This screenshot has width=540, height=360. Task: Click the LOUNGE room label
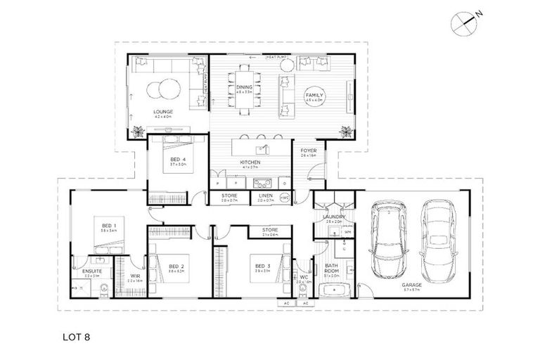coord(163,112)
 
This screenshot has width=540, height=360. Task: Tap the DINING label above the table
coord(244,86)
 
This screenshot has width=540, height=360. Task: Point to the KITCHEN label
coord(250,162)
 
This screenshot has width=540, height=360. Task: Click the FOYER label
coord(308,150)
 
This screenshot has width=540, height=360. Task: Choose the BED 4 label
coord(178,160)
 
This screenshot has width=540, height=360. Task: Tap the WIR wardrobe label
coord(136,276)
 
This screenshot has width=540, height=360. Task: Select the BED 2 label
coord(176,266)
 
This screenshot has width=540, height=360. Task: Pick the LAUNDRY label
coord(333,217)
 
